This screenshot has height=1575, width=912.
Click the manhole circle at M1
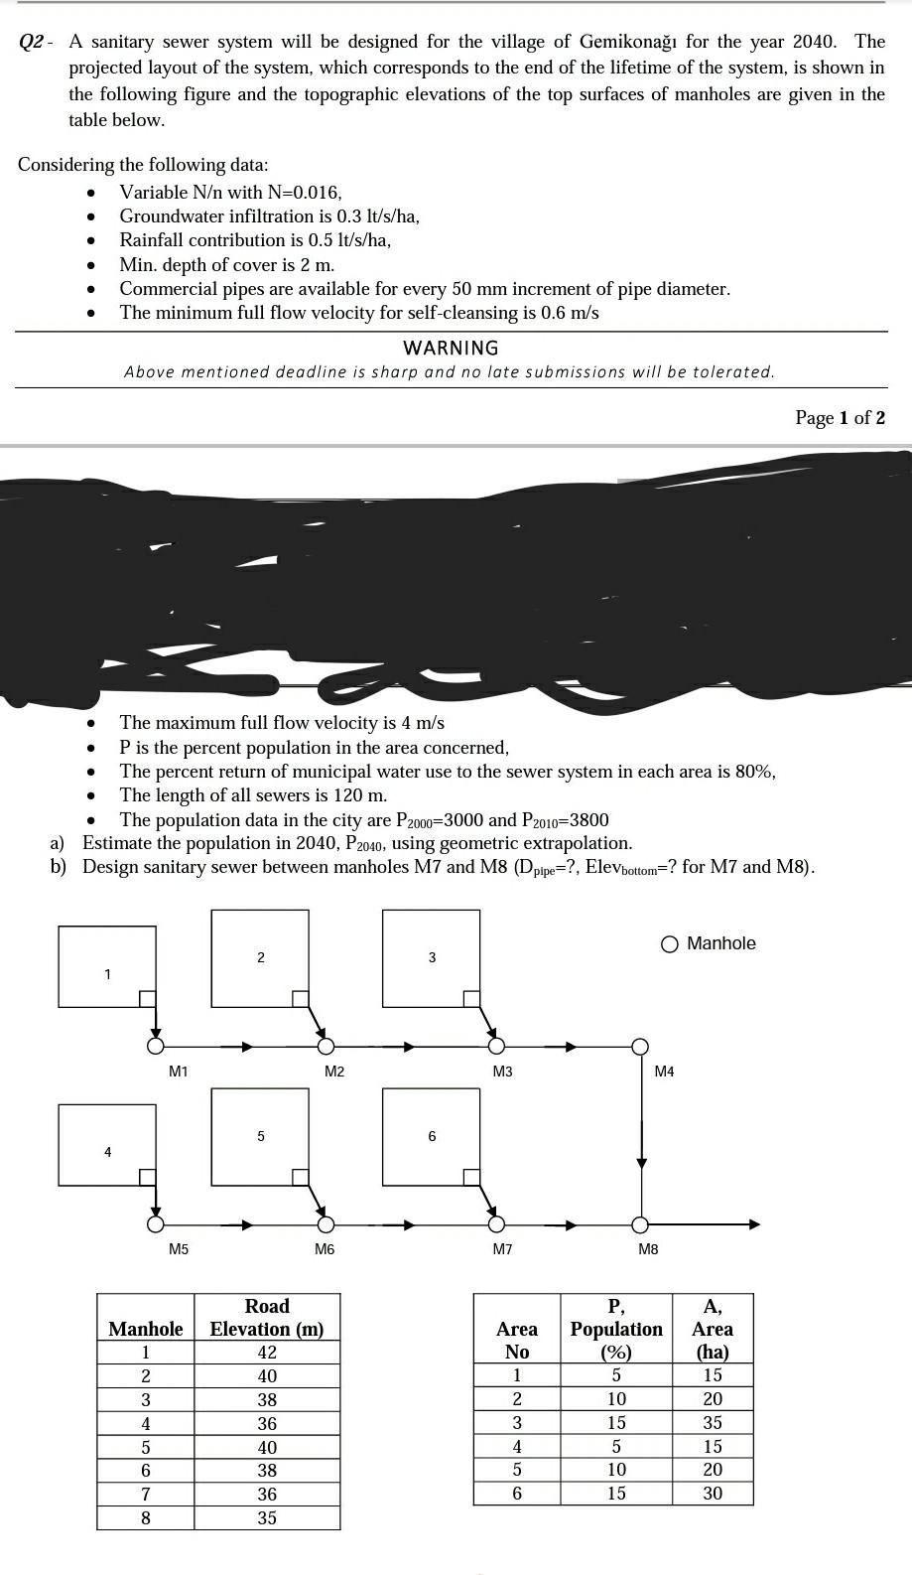tap(155, 1046)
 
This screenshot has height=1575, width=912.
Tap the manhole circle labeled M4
tap(641, 1046)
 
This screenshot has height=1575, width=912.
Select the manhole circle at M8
tap(641, 1224)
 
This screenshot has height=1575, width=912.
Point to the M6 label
tap(325, 1249)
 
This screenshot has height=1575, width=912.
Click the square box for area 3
tap(432, 958)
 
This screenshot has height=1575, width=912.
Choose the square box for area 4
tap(107, 1145)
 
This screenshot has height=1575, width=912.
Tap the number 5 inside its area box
tap(261, 1136)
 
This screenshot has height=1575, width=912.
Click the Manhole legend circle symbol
tap(670, 943)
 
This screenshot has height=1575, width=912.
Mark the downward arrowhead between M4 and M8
tap(641, 1163)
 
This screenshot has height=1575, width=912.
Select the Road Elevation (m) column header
tap(267, 1318)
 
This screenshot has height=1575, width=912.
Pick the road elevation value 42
tap(267, 1353)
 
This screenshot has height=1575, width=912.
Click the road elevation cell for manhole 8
tap(267, 1517)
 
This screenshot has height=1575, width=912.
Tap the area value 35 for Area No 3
tap(713, 1422)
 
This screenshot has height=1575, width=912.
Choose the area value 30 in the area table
tap(713, 1494)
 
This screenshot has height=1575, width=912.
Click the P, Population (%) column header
tap(616, 1329)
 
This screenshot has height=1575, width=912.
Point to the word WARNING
tap(451, 348)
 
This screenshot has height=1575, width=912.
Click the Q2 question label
tap(33, 43)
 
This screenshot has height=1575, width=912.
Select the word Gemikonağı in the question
tap(631, 42)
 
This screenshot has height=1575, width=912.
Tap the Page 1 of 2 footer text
tap(840, 417)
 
